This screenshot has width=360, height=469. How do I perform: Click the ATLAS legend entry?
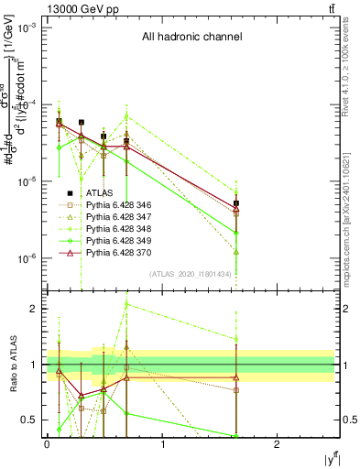101,192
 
